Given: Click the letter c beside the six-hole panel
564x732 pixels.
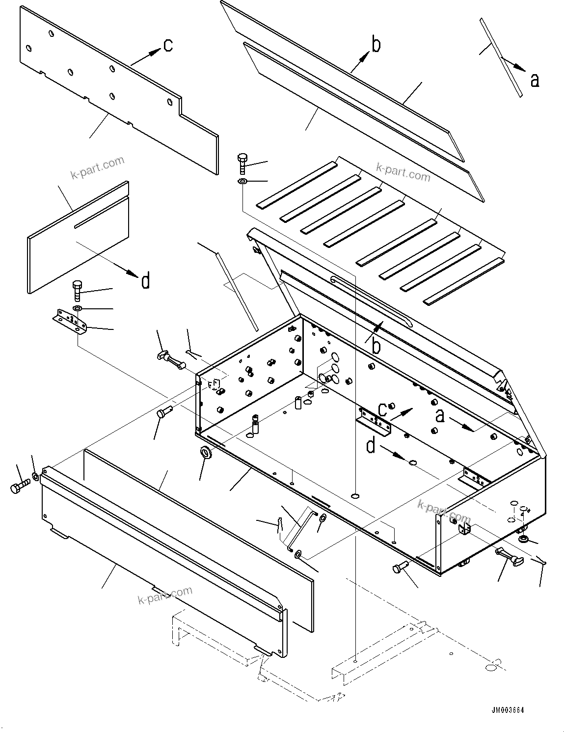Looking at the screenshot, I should (x=168, y=45).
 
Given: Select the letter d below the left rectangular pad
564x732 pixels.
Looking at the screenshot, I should (x=145, y=281).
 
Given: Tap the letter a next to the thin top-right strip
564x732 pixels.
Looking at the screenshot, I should (x=535, y=80).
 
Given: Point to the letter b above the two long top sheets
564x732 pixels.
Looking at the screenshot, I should (x=376, y=45).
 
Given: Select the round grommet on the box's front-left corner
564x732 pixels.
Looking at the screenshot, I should (x=207, y=452).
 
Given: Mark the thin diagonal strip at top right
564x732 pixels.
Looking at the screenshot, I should (x=501, y=57).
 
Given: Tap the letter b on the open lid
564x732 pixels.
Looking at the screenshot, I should (x=376, y=346).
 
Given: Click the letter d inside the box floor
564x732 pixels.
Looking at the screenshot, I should (x=371, y=446).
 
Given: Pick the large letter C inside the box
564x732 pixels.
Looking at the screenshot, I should (x=383, y=409).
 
